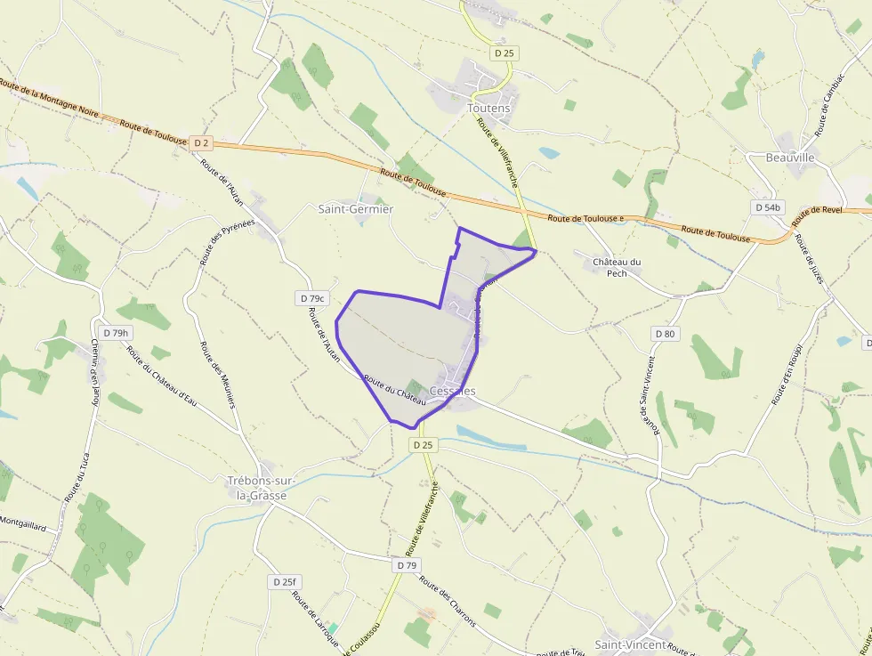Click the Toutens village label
(x=488, y=109)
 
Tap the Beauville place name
(x=790, y=158)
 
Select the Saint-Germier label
(x=356, y=208)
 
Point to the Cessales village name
(x=452, y=391)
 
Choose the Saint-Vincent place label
(x=630, y=644)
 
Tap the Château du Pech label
(x=617, y=267)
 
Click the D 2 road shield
(x=201, y=142)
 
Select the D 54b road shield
(x=768, y=207)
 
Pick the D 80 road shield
(x=665, y=334)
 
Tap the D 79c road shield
(x=314, y=298)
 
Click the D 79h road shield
(x=116, y=333)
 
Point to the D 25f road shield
(x=284, y=582)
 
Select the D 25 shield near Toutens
(x=504, y=53)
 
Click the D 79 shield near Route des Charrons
(x=407, y=565)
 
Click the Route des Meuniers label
(x=219, y=374)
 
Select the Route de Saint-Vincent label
(x=649, y=395)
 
